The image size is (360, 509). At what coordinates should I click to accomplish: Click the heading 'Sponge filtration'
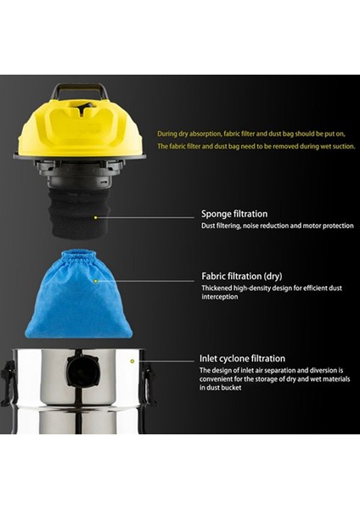[233, 214]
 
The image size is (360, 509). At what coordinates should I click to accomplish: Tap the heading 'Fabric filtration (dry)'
[242, 276]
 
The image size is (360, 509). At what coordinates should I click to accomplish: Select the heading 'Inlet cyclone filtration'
[242, 359]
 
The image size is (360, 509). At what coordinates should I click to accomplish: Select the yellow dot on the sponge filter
[96, 216]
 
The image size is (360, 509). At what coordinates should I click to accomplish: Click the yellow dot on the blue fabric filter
[96, 279]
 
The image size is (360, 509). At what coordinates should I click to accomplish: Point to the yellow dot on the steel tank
[132, 361]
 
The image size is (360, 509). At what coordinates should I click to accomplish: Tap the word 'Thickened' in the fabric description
[217, 288]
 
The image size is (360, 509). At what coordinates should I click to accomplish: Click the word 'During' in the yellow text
[167, 133]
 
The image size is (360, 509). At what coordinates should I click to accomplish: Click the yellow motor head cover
[79, 127]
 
